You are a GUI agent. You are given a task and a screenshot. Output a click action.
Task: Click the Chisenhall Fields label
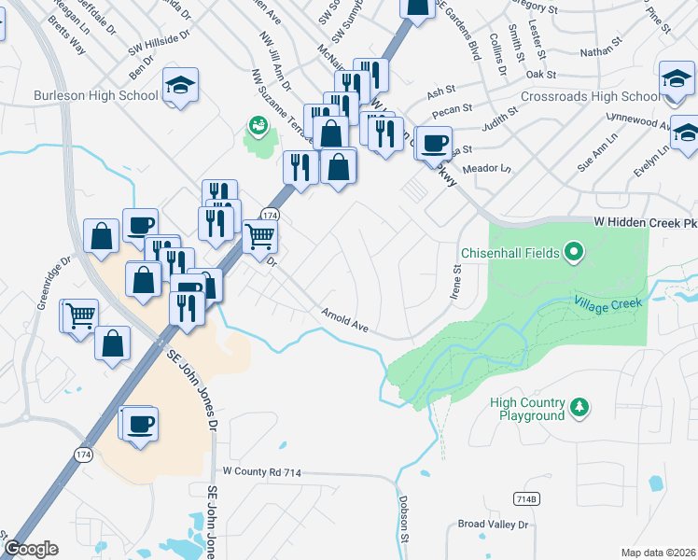pyautogui.click(x=510, y=252)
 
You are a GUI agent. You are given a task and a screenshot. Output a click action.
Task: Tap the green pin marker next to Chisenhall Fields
pyautogui.click(x=574, y=251)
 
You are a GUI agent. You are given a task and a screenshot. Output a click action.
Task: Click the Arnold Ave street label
pyautogui.click(x=346, y=320)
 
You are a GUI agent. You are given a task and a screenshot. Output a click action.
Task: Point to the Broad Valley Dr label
pyautogui.click(x=493, y=525)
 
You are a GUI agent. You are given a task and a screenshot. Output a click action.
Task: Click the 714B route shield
pyautogui.click(x=526, y=499)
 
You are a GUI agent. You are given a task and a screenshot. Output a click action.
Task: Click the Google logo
pyautogui.click(x=31, y=549)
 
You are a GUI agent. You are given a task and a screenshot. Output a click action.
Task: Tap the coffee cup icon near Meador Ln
pyautogui.click(x=432, y=143)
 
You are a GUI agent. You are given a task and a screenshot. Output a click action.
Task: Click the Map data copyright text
pyautogui.click(x=659, y=553)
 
